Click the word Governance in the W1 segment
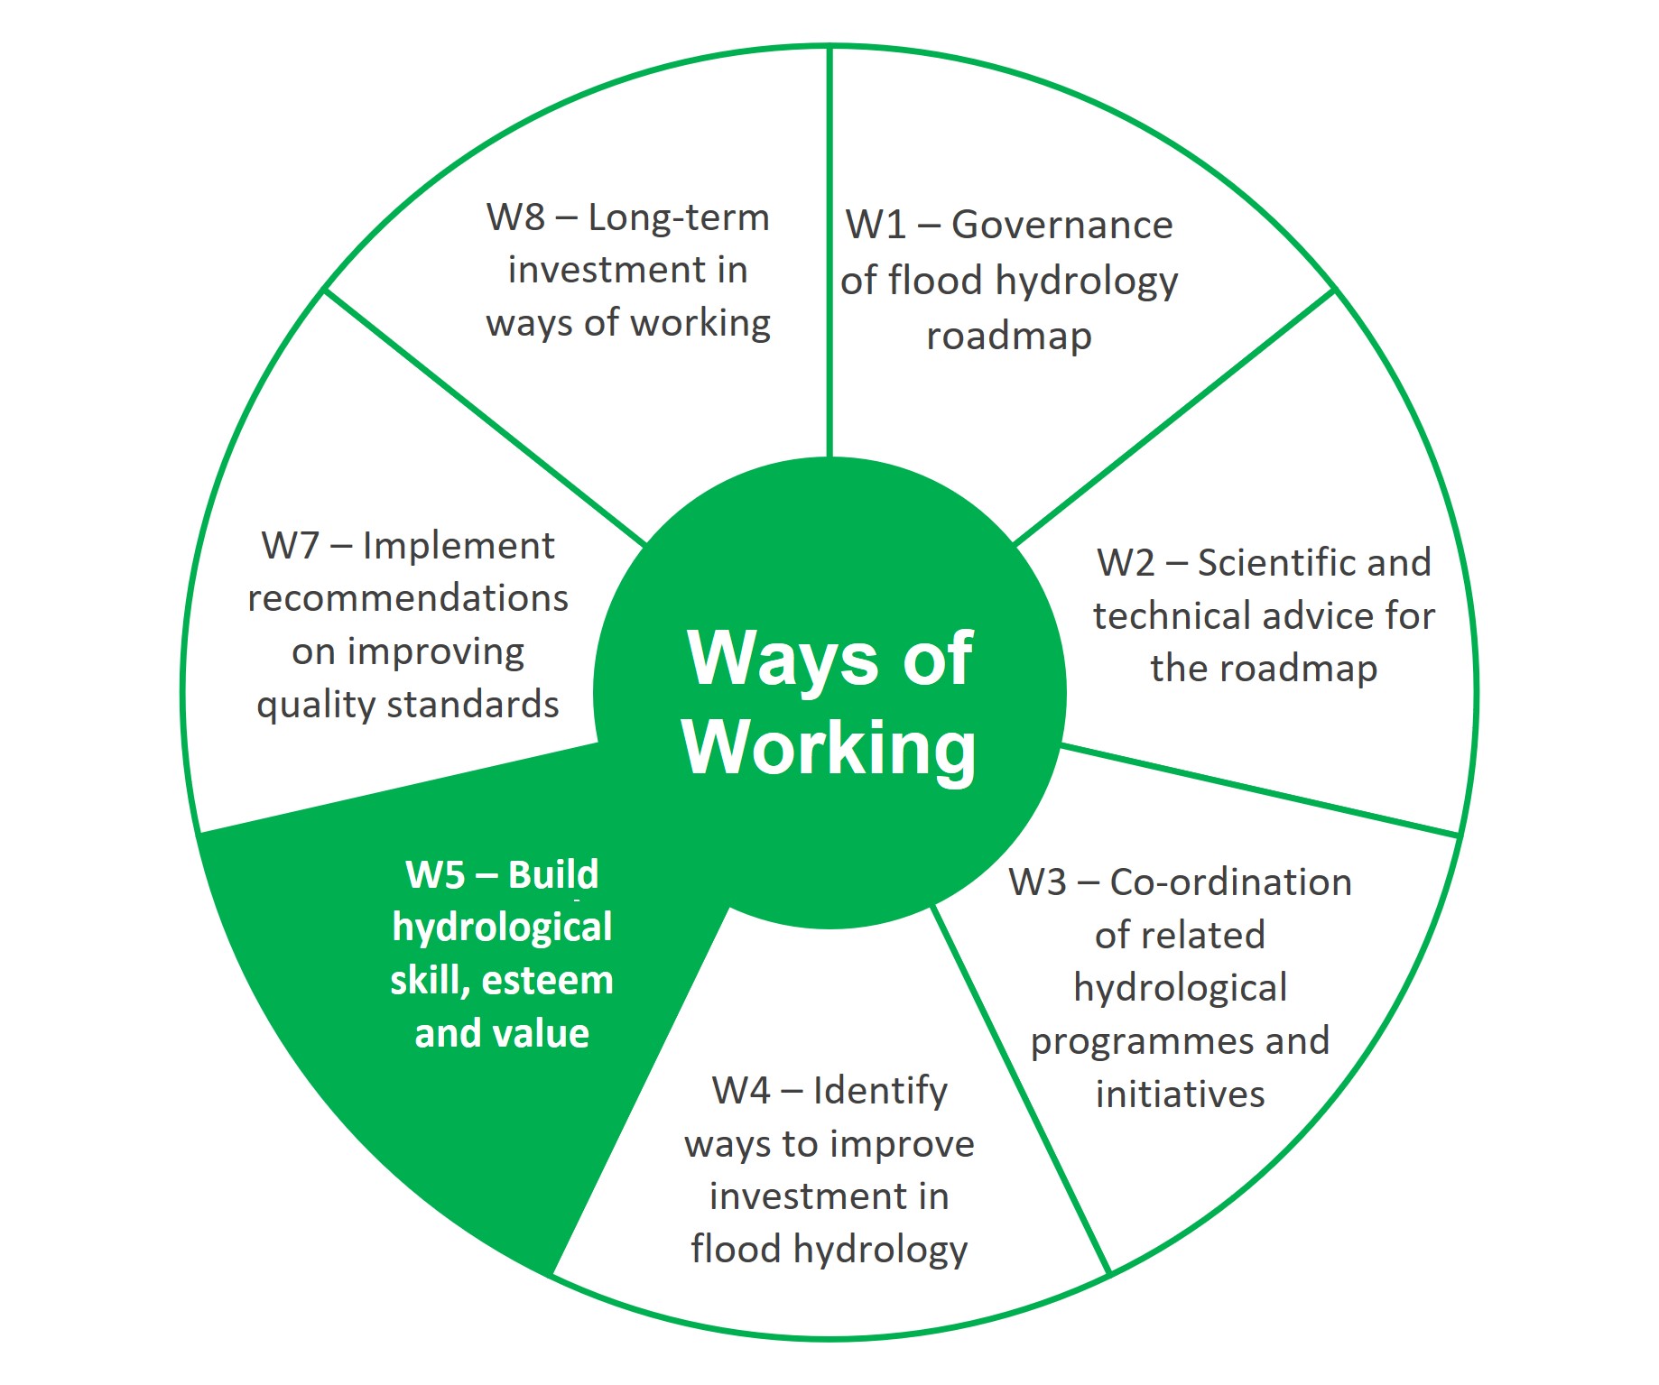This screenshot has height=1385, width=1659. point(1061,225)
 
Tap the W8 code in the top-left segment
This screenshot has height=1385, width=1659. point(515,217)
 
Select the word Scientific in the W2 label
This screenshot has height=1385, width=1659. point(1256,563)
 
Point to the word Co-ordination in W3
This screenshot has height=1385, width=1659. point(1230,882)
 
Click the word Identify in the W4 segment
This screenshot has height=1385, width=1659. point(880,1091)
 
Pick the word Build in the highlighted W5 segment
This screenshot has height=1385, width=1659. point(553,874)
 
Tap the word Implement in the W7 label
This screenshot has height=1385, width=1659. point(459,546)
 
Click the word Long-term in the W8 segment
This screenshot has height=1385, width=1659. point(679,217)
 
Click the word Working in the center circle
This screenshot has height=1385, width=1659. point(829,748)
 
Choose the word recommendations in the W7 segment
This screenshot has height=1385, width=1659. point(408,598)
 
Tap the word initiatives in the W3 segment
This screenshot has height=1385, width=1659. point(1180,1094)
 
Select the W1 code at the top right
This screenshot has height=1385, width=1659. point(876,225)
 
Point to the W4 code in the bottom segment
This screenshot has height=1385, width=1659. point(741,1091)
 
